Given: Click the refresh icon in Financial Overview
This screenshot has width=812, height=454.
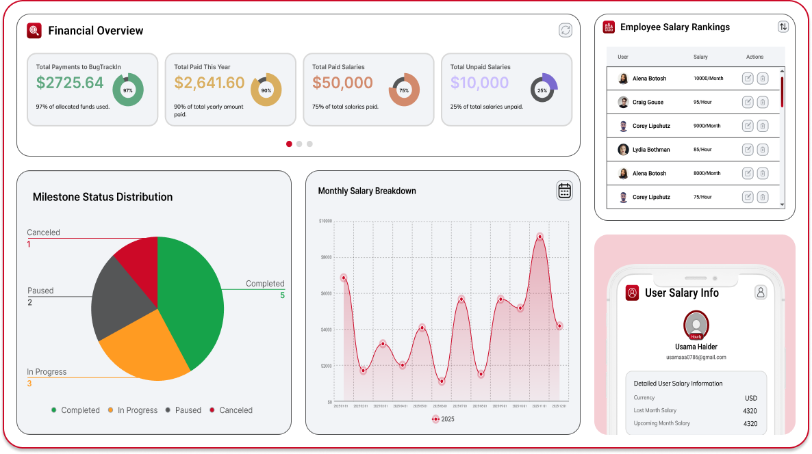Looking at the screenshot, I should (x=565, y=30).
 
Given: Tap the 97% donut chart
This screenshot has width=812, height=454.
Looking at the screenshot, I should (x=127, y=90).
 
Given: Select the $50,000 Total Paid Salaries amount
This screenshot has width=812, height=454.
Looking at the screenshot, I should (x=342, y=83).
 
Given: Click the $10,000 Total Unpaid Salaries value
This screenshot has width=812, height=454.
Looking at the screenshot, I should (x=479, y=83).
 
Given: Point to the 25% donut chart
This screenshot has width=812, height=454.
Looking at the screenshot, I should (x=542, y=90).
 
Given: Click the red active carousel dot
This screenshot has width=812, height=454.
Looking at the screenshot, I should (x=289, y=144).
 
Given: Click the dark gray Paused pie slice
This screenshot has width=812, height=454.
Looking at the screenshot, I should (x=116, y=297).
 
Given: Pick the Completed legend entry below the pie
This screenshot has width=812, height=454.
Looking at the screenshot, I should (x=75, y=410).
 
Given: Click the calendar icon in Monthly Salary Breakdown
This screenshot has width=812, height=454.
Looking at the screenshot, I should (x=564, y=191).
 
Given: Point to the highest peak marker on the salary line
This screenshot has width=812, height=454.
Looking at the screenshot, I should (x=540, y=237).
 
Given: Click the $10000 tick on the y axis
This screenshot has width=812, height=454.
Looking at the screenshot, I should (x=325, y=221).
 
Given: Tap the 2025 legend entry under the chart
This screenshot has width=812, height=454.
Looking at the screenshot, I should (x=443, y=419).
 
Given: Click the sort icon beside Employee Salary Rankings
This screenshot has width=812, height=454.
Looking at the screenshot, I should (x=783, y=27).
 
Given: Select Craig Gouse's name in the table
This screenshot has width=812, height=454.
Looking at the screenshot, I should (x=648, y=103).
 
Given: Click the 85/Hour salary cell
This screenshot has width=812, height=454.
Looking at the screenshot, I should (x=702, y=150).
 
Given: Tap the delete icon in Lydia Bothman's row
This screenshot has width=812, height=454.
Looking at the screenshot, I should (x=763, y=150).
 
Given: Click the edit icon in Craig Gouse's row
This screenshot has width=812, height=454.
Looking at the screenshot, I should (x=748, y=103).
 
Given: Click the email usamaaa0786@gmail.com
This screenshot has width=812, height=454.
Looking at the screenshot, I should (x=696, y=358).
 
